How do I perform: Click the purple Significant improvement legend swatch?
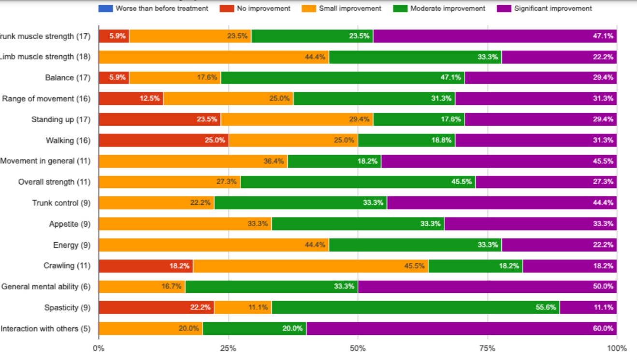tap(505, 8)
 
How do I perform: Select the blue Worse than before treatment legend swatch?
tap(105, 8)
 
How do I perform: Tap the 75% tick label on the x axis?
tap(487, 348)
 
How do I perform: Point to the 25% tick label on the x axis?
tap(228, 348)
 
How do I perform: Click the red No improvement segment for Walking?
tap(163, 140)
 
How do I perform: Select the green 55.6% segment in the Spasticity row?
tap(416, 307)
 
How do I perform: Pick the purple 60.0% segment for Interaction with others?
tap(462, 329)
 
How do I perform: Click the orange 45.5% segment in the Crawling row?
tap(310, 266)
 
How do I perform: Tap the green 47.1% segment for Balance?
tap(343, 78)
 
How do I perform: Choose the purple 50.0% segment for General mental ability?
tap(487, 287)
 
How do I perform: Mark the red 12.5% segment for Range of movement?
tap(131, 99)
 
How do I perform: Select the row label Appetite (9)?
tap(70, 224)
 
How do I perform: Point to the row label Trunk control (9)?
tap(61, 203)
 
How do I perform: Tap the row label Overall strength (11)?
tap(54, 182)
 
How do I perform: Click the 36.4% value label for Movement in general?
tap(274, 161)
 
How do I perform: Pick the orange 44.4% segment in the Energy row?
tap(214, 245)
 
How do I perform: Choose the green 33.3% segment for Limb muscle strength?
tap(415, 57)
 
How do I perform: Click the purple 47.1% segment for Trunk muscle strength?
tap(495, 36)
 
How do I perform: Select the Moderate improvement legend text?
tap(448, 8)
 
